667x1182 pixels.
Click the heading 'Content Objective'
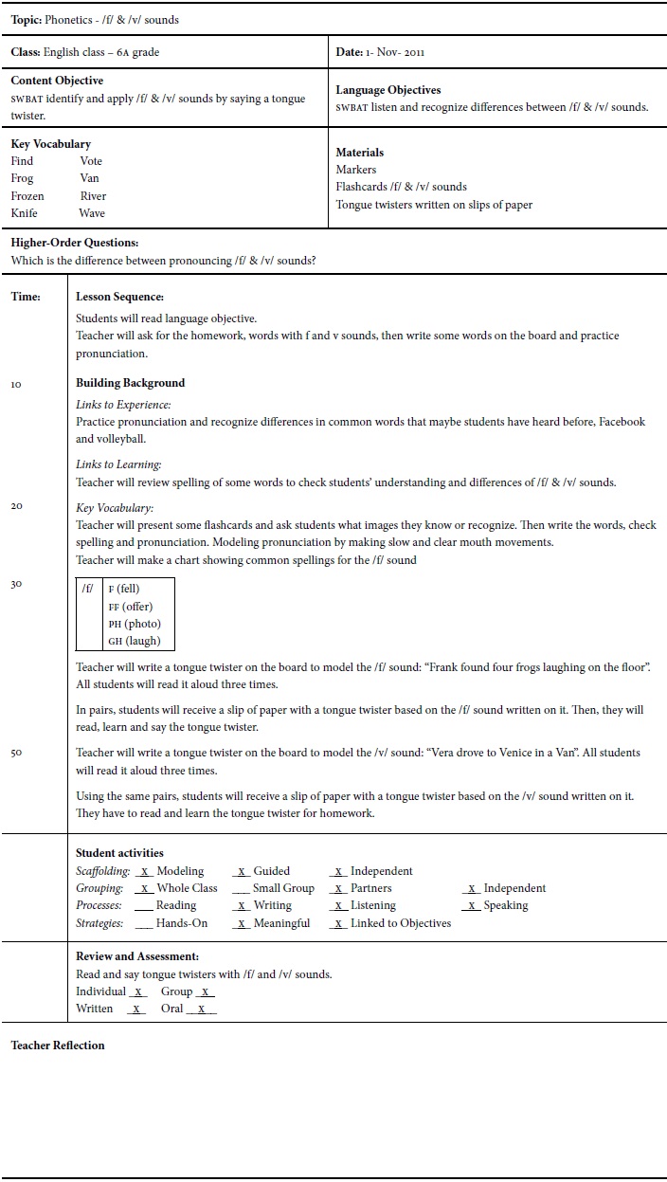click(57, 81)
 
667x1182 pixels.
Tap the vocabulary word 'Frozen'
click(27, 196)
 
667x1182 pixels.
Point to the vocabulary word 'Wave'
click(92, 213)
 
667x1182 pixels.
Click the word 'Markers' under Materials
click(356, 170)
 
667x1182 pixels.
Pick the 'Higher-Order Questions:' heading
click(75, 244)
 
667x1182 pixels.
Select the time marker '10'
click(16, 384)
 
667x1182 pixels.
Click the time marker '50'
click(16, 753)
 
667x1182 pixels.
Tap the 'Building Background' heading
click(130, 383)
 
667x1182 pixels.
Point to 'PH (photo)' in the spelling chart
click(135, 624)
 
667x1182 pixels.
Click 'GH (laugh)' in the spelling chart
click(135, 641)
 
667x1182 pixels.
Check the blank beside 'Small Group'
click(240, 889)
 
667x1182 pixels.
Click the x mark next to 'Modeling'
click(144, 871)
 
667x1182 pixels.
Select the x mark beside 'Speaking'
click(471, 906)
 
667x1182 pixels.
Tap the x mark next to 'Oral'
click(201, 1009)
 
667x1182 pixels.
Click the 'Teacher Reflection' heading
click(58, 1046)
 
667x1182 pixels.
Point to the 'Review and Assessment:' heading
click(137, 956)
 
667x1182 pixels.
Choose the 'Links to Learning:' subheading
click(118, 464)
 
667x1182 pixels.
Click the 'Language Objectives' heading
click(388, 90)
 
